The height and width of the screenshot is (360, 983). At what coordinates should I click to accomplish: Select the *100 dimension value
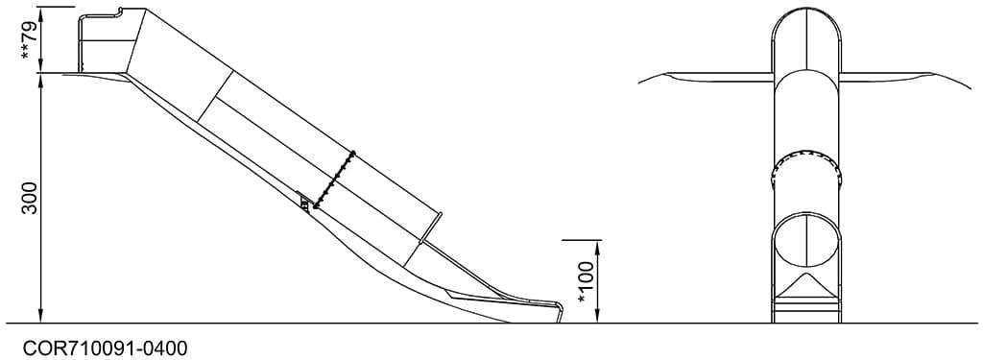(587, 282)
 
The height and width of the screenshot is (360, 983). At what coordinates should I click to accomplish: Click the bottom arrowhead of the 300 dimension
(41, 318)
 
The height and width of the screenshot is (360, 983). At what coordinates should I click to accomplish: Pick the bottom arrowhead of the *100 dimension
(597, 318)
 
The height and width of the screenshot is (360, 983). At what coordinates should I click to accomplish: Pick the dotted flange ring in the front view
(805, 158)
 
